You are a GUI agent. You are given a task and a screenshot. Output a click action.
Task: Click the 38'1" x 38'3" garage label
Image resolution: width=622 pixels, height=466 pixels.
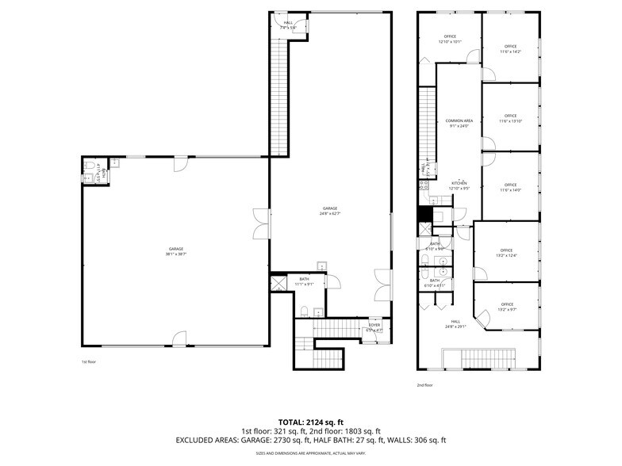click(175, 252)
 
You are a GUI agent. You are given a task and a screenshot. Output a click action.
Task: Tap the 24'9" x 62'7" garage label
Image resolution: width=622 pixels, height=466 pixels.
click(329, 211)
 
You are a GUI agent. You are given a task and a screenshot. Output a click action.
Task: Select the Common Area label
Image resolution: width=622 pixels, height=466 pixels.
click(459, 123)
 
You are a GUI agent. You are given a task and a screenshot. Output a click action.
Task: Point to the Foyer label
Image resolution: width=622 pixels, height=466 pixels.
click(374, 327)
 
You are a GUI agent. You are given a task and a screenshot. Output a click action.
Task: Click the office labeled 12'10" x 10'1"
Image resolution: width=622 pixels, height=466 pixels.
click(450, 39)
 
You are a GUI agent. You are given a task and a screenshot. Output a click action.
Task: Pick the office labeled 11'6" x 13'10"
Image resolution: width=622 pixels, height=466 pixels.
click(510, 119)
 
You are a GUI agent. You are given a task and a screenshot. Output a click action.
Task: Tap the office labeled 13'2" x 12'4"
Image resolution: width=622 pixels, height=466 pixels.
click(507, 253)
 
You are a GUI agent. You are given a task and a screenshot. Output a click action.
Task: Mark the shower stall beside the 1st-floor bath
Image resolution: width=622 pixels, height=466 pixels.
click(278, 284)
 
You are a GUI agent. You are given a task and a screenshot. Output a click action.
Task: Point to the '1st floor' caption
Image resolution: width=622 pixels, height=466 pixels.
click(90, 362)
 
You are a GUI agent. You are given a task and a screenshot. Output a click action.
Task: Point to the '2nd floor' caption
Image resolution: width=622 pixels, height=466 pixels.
click(424, 385)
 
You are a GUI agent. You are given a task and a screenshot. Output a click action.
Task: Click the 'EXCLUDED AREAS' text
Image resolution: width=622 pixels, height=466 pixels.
click(202, 440)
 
